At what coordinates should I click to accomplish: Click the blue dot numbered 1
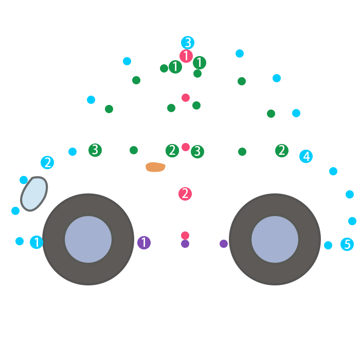click(37, 242)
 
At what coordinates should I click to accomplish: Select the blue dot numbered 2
click(47, 163)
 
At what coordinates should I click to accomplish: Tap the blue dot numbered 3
click(188, 43)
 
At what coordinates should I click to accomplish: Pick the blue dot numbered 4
click(306, 156)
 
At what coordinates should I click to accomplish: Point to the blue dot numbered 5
click(347, 244)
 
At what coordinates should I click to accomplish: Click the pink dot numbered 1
click(186, 56)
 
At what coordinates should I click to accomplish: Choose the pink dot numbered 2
click(185, 194)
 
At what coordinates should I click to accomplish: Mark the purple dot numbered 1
click(144, 243)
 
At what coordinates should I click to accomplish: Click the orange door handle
click(155, 167)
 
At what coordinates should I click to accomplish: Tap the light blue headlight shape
click(33, 193)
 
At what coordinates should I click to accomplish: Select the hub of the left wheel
click(88, 239)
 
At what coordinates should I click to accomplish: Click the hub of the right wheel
click(275, 239)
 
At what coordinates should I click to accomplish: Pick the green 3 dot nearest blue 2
click(95, 150)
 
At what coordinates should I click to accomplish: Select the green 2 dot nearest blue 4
click(281, 151)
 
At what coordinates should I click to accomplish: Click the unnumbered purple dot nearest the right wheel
click(224, 244)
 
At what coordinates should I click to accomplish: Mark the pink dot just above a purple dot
click(185, 236)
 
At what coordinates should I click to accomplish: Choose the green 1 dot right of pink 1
click(200, 63)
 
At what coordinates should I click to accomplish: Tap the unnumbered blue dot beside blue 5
click(328, 245)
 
